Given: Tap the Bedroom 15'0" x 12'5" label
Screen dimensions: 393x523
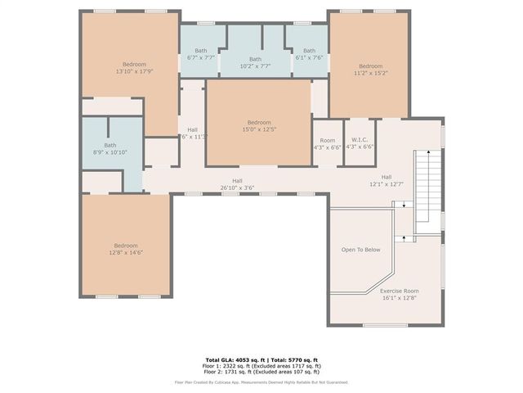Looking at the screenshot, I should (x=259, y=125).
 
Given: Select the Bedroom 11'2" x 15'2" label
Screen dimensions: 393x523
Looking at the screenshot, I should (x=370, y=70).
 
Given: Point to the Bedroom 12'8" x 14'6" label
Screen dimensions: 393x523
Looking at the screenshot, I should (x=126, y=250).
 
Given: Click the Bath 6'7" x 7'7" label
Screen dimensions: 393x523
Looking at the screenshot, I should (x=201, y=55).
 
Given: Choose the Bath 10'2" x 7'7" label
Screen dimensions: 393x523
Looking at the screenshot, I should (x=256, y=62).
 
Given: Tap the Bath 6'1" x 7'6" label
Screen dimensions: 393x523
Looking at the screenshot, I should (x=309, y=55).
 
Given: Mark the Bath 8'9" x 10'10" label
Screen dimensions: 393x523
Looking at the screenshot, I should (x=99, y=149).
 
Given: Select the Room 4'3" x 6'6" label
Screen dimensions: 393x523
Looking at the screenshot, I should (x=328, y=144).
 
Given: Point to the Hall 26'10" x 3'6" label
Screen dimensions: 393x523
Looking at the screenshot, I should (x=237, y=184).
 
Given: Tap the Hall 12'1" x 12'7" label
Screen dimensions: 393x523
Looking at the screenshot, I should (x=387, y=180).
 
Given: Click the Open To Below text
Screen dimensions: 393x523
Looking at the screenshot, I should (x=360, y=250).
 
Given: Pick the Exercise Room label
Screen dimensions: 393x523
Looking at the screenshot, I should (x=399, y=295).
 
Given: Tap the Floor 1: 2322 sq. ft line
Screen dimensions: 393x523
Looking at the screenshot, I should (x=261, y=365).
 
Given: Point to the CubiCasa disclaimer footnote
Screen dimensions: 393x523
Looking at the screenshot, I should (x=261, y=382).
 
